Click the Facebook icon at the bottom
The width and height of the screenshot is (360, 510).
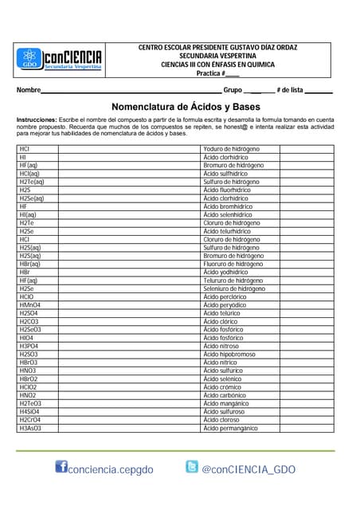(61, 468)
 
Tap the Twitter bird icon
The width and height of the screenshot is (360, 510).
(192, 467)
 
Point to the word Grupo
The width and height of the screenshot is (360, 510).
(233, 90)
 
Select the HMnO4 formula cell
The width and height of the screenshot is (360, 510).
(30, 304)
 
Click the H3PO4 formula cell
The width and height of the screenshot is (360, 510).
(29, 346)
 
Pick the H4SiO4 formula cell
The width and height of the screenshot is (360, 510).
(30, 411)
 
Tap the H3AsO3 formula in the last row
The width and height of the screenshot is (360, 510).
(30, 428)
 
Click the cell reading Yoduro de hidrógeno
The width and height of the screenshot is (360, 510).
(232, 149)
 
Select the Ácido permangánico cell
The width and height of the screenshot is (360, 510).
(231, 428)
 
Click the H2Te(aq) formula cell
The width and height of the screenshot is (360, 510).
(32, 182)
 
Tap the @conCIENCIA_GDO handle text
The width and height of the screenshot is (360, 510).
(248, 469)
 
